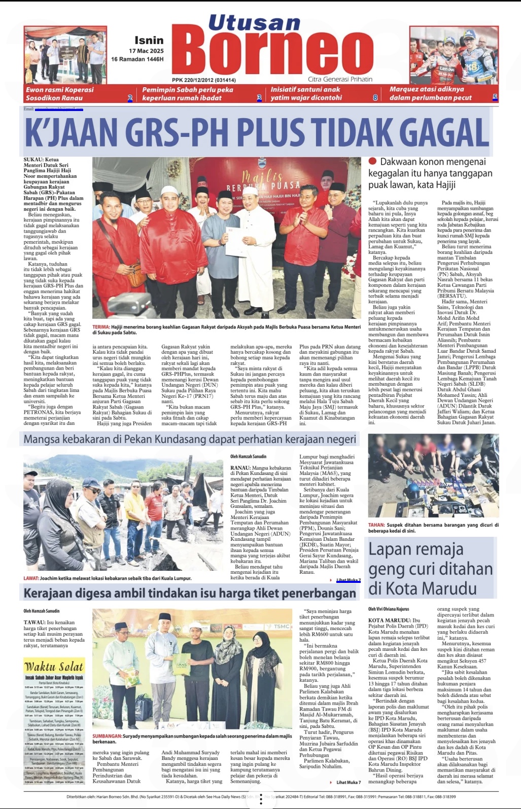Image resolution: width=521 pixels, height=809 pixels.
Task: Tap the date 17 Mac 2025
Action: (x=146, y=51)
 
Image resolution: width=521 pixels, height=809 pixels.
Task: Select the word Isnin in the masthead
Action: (x=149, y=40)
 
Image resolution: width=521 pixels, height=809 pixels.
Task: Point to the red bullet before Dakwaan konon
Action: (x=372, y=161)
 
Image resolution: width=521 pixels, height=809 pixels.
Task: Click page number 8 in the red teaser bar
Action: (x=375, y=97)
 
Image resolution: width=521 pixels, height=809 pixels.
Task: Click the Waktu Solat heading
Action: (x=54, y=666)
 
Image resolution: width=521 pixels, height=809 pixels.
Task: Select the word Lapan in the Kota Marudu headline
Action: (x=390, y=549)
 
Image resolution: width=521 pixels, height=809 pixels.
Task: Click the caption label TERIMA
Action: (x=101, y=327)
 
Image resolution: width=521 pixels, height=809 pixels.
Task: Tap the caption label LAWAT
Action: (x=31, y=578)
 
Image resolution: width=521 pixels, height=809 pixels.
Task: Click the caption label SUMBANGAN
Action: (x=107, y=736)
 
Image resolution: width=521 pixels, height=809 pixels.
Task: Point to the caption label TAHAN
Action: (x=376, y=525)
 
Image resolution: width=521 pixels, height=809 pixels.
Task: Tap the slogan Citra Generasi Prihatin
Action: (x=340, y=79)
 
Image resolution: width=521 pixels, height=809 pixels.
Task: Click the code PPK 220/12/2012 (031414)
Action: (x=203, y=80)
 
